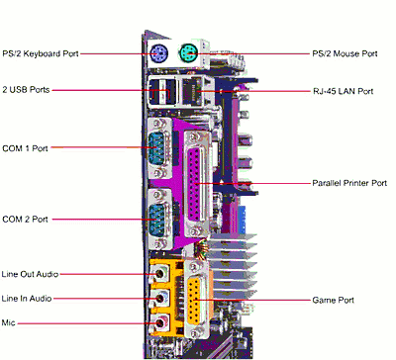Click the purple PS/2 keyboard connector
click(x=158, y=53)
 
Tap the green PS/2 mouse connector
click(x=189, y=53)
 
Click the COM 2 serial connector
click(x=158, y=219)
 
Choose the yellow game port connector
click(x=196, y=301)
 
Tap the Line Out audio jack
click(x=160, y=273)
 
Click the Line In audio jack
click(x=160, y=299)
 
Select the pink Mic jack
click(x=160, y=321)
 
